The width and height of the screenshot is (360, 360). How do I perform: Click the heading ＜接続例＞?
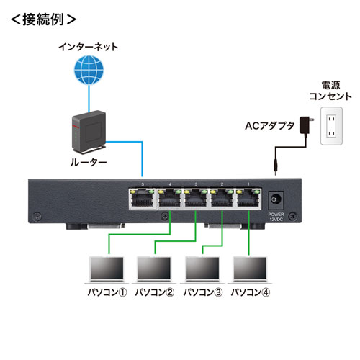tap(44, 17)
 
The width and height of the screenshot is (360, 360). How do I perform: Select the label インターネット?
tap(89, 48)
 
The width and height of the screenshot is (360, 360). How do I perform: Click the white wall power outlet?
tap(333, 125)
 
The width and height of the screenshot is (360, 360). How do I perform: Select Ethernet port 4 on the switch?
tap(167, 199)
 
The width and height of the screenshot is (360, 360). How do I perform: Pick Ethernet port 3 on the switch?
tap(194, 199)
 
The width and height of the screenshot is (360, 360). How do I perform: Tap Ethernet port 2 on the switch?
tap(221, 199)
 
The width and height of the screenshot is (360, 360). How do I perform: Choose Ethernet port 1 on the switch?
tap(248, 199)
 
